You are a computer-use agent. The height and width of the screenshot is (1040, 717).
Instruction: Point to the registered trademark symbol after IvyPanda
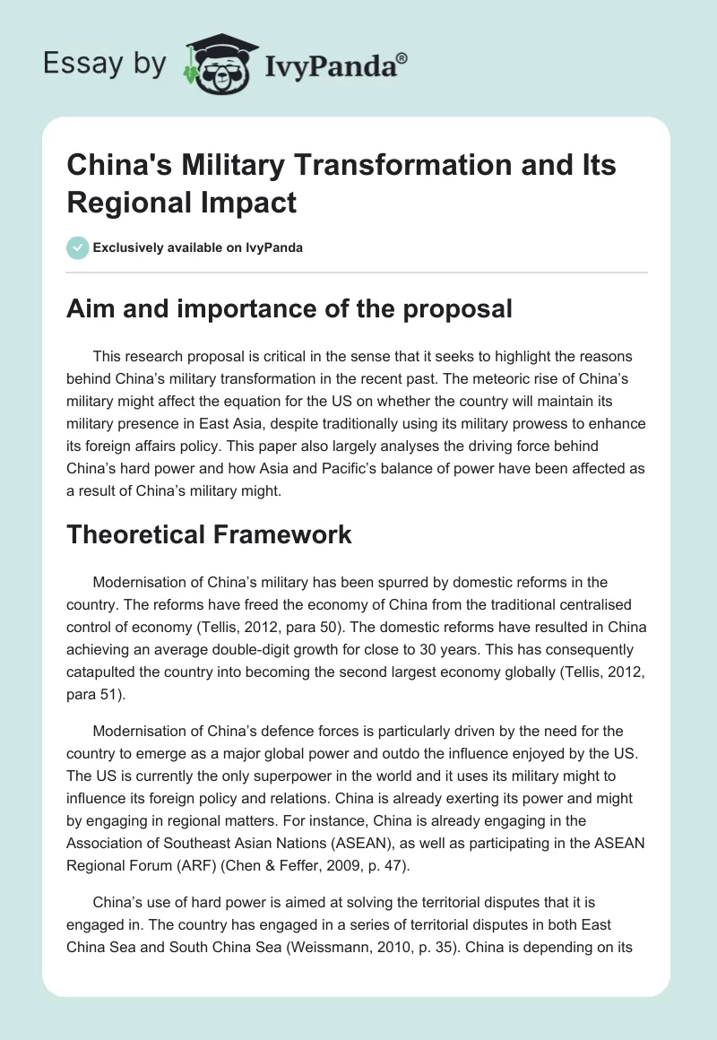click(x=402, y=57)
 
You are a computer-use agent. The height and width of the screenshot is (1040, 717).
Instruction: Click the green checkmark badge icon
click(x=78, y=247)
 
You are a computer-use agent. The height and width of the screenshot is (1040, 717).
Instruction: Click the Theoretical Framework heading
click(x=210, y=534)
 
